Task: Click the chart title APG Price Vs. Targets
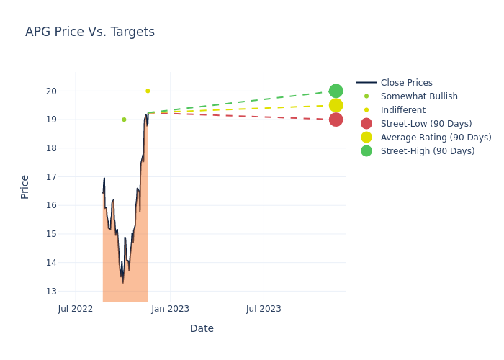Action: click(90, 32)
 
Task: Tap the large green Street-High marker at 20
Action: click(336, 91)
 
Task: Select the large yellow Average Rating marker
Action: click(336, 105)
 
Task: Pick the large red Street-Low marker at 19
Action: click(336, 120)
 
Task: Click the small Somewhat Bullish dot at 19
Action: click(124, 120)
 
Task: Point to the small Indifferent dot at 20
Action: click(148, 91)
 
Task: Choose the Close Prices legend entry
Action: click(406, 83)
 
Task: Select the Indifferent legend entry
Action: click(402, 110)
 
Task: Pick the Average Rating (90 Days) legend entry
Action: click(436, 138)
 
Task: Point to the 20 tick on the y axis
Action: click(51, 91)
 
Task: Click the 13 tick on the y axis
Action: click(51, 292)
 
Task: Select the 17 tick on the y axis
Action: click(51, 177)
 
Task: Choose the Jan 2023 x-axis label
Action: click(171, 309)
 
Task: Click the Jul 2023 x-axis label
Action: click(264, 309)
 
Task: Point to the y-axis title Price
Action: click(25, 186)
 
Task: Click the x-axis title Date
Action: click(202, 328)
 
